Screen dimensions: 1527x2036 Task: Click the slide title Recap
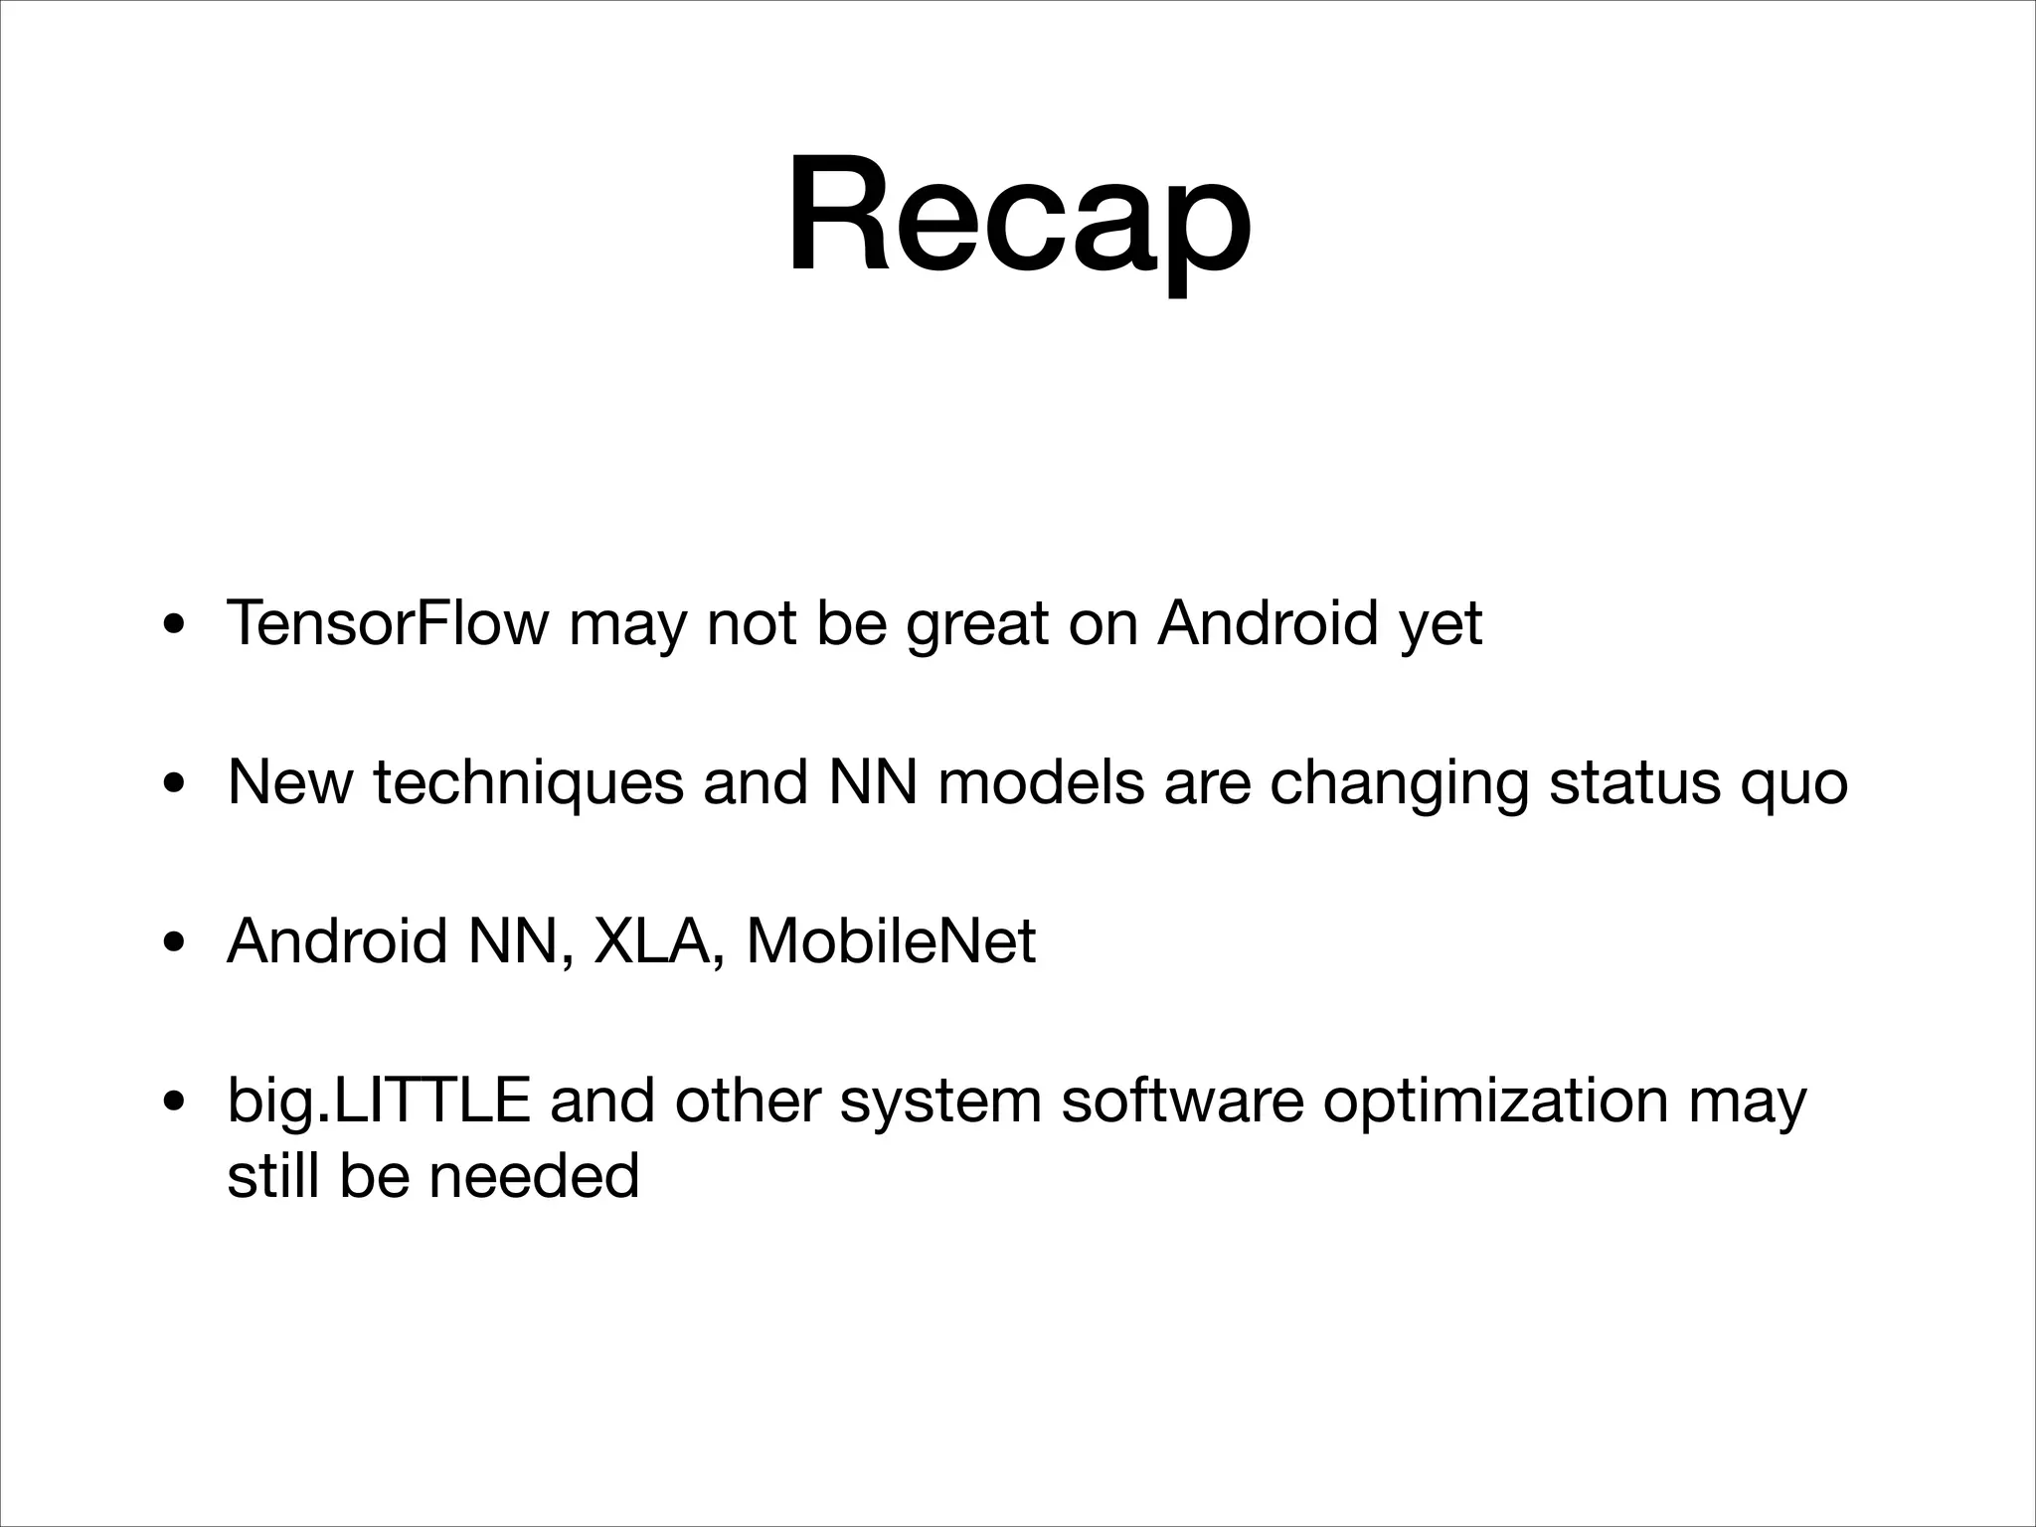tap(1018, 217)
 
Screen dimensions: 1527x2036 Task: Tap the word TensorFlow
tap(387, 623)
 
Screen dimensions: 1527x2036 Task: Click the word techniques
tap(528, 783)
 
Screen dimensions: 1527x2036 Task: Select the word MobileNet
tap(891, 940)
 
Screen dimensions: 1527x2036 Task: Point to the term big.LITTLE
tap(378, 1102)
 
